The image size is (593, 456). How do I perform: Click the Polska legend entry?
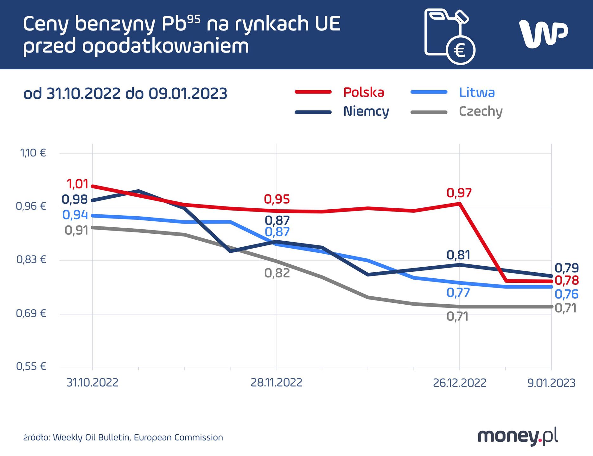tap(363, 92)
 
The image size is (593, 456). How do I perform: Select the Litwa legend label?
tap(476, 92)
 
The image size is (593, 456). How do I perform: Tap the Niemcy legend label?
tap(366, 111)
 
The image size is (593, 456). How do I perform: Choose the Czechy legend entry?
tap(480, 111)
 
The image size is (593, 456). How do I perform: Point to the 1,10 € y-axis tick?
tap(33, 153)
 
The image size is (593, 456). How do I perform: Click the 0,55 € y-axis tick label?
tap(31, 366)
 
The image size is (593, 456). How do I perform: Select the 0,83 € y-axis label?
tap(31, 260)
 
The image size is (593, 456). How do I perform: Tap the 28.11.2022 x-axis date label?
tap(276, 383)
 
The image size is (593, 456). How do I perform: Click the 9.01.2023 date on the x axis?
tap(551, 383)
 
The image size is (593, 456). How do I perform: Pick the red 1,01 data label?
tap(77, 184)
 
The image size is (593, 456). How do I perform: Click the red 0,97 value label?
tap(459, 193)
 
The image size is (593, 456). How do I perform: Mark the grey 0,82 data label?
tap(277, 273)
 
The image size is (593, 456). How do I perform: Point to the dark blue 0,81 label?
tap(458, 255)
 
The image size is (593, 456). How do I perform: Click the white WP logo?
tap(543, 34)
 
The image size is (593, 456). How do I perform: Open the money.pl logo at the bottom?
tap(517, 436)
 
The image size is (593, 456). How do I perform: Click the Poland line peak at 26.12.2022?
tap(459, 203)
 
